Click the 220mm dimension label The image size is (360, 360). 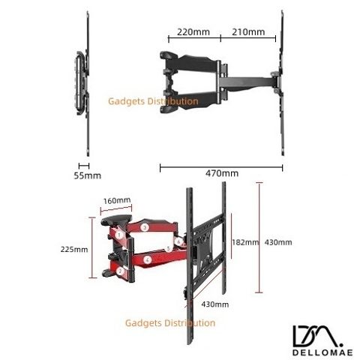pos(193,32)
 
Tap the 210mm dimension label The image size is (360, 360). pos(248,32)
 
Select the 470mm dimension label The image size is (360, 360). pos(222,173)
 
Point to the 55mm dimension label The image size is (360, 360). pos(88,175)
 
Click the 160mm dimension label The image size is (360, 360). pos(117,200)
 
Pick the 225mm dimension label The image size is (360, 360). pos(74,250)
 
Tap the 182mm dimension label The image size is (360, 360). pos(245,242)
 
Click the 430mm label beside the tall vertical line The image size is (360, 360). pos(278,242)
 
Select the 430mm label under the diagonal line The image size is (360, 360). pos(215,304)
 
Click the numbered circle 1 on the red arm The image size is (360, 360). pos(119,235)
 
